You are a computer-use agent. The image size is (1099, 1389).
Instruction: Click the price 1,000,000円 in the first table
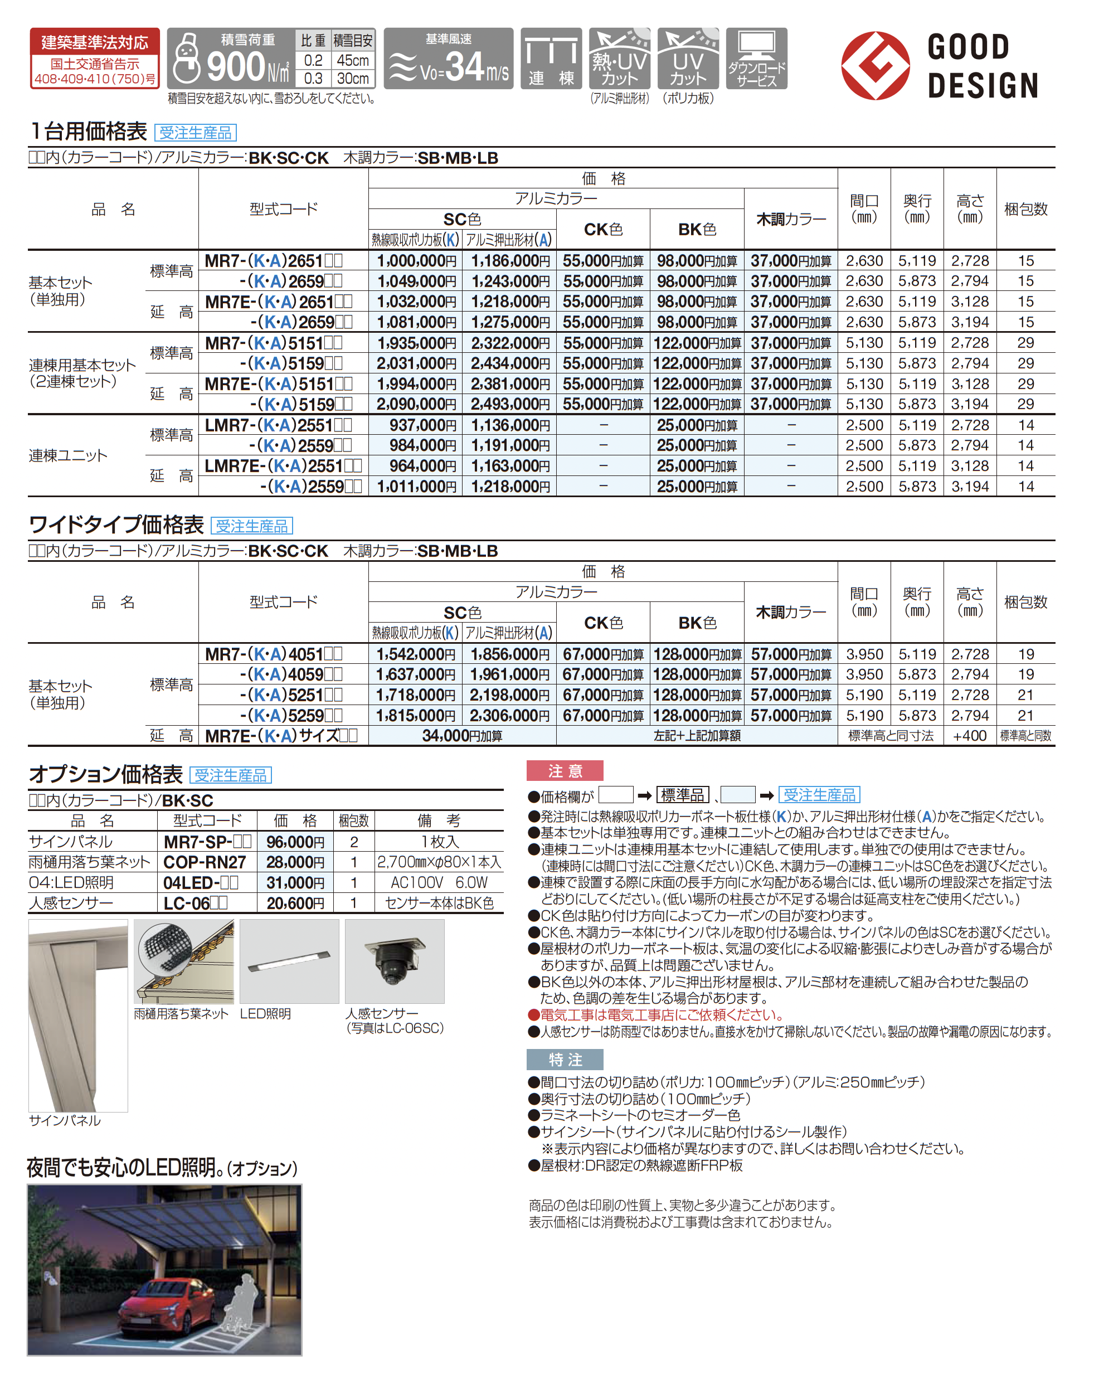pyautogui.click(x=416, y=260)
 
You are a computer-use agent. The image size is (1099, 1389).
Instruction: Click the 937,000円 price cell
pyautogui.click(x=422, y=425)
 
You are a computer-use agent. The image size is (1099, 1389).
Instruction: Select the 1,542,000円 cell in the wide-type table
pyautogui.click(x=416, y=654)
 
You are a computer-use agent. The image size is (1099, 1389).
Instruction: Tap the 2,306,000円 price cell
pyautogui.click(x=509, y=716)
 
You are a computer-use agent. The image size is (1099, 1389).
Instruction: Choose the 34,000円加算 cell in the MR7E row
pyautogui.click(x=462, y=735)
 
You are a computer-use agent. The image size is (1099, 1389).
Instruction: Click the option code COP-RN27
pyautogui.click(x=205, y=862)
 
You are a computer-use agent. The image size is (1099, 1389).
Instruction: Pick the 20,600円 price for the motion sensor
pyautogui.click(x=295, y=904)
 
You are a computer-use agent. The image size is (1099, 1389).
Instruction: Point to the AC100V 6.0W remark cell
pyautogui.click(x=439, y=883)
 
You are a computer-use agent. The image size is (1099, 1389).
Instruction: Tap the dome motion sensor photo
pyautogui.click(x=395, y=961)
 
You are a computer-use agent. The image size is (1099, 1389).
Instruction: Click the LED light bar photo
pyautogui.click(x=289, y=961)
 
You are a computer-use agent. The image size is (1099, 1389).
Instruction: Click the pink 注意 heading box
pyautogui.click(x=565, y=771)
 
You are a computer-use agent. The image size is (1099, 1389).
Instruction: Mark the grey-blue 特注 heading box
pyautogui.click(x=565, y=1059)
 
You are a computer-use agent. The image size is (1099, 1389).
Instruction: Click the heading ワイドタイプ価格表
pyautogui.click(x=116, y=524)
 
